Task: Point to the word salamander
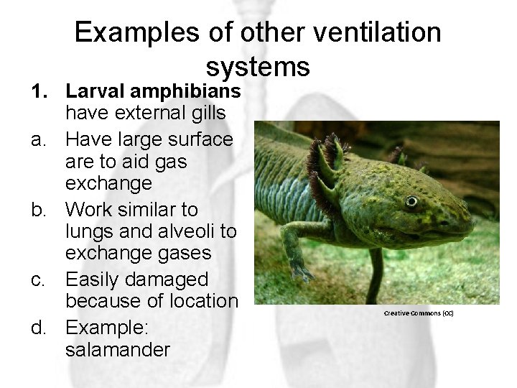pyautogui.click(x=118, y=350)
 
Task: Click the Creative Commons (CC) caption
pyautogui.click(x=419, y=313)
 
